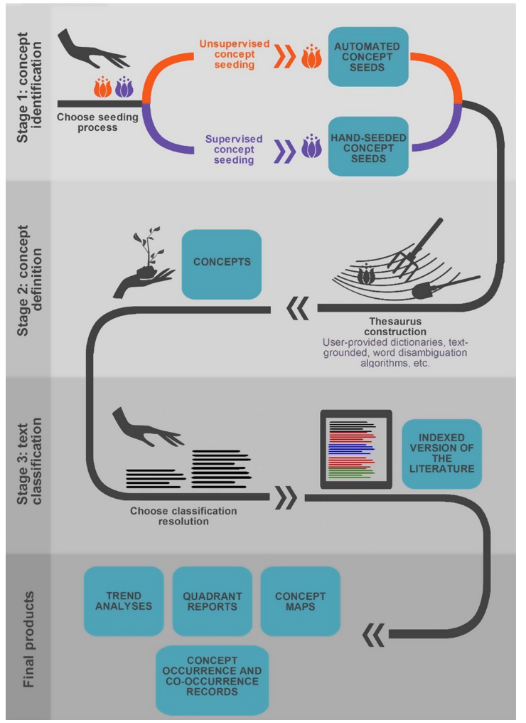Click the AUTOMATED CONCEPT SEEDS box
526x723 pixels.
pyautogui.click(x=368, y=57)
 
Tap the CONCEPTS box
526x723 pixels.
pyautogui.click(x=222, y=263)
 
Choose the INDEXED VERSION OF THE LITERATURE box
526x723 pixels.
pyautogui.click(x=441, y=453)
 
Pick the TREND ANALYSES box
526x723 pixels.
pyautogui.click(x=124, y=601)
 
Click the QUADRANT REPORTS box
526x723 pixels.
pyautogui.click(x=213, y=601)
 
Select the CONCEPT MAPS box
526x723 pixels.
pyautogui.click(x=300, y=601)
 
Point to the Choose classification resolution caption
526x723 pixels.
pyautogui.click(x=183, y=516)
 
